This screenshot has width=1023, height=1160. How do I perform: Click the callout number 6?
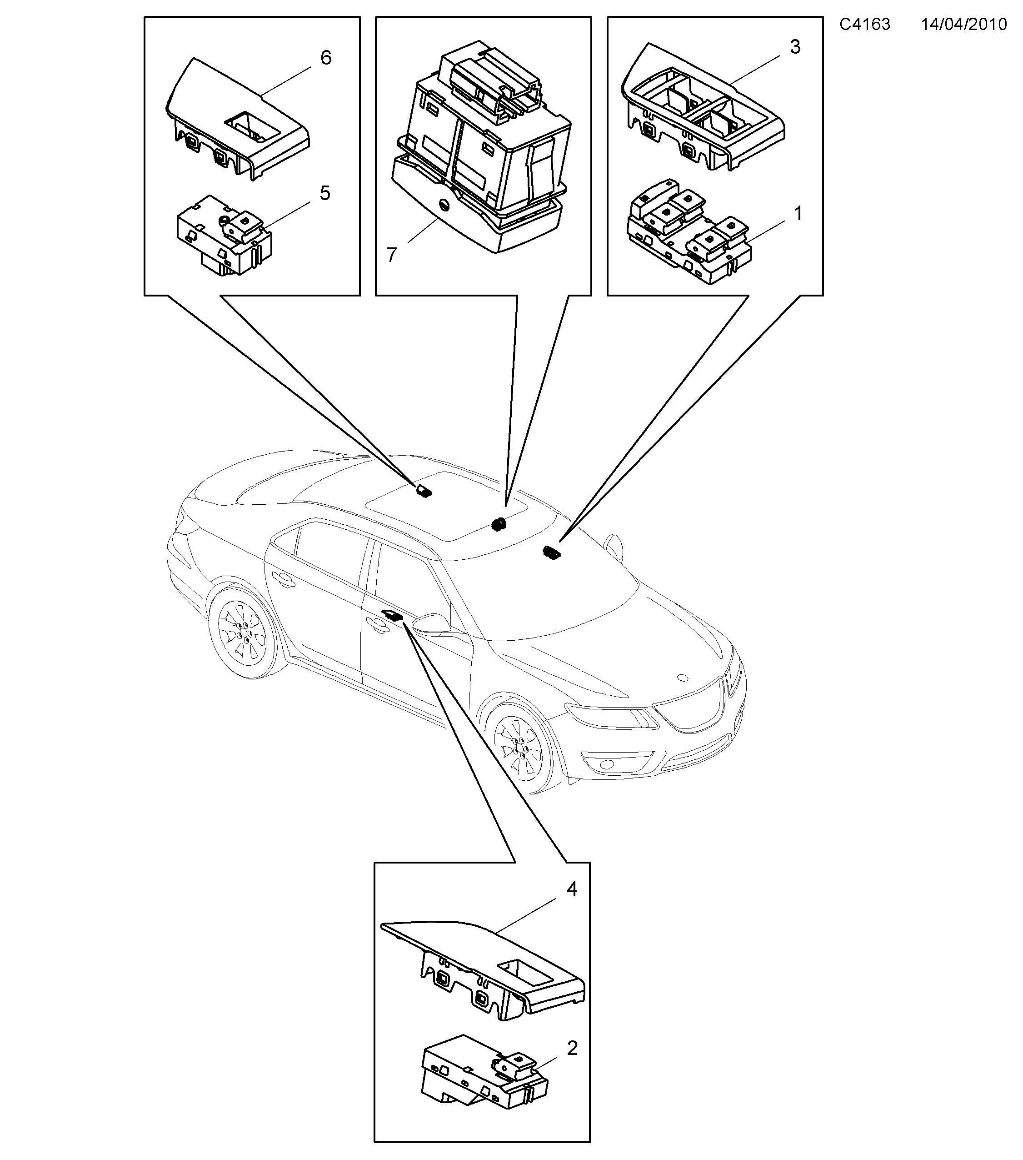tap(325, 58)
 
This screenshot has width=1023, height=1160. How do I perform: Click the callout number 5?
tap(324, 194)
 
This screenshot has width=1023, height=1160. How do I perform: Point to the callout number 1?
tap(798, 214)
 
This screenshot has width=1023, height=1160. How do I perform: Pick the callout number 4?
tap(572, 889)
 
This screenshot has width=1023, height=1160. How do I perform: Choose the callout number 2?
tap(572, 1048)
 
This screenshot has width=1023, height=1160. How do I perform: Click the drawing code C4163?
tap(864, 25)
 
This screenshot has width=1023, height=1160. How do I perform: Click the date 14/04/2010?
tap(963, 25)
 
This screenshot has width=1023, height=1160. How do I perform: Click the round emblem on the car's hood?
tap(683, 677)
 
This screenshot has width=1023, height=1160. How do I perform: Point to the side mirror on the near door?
tap(431, 623)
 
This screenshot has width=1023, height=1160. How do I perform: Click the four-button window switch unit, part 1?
tap(689, 231)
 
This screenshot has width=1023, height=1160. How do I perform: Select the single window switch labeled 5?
tap(225, 236)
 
